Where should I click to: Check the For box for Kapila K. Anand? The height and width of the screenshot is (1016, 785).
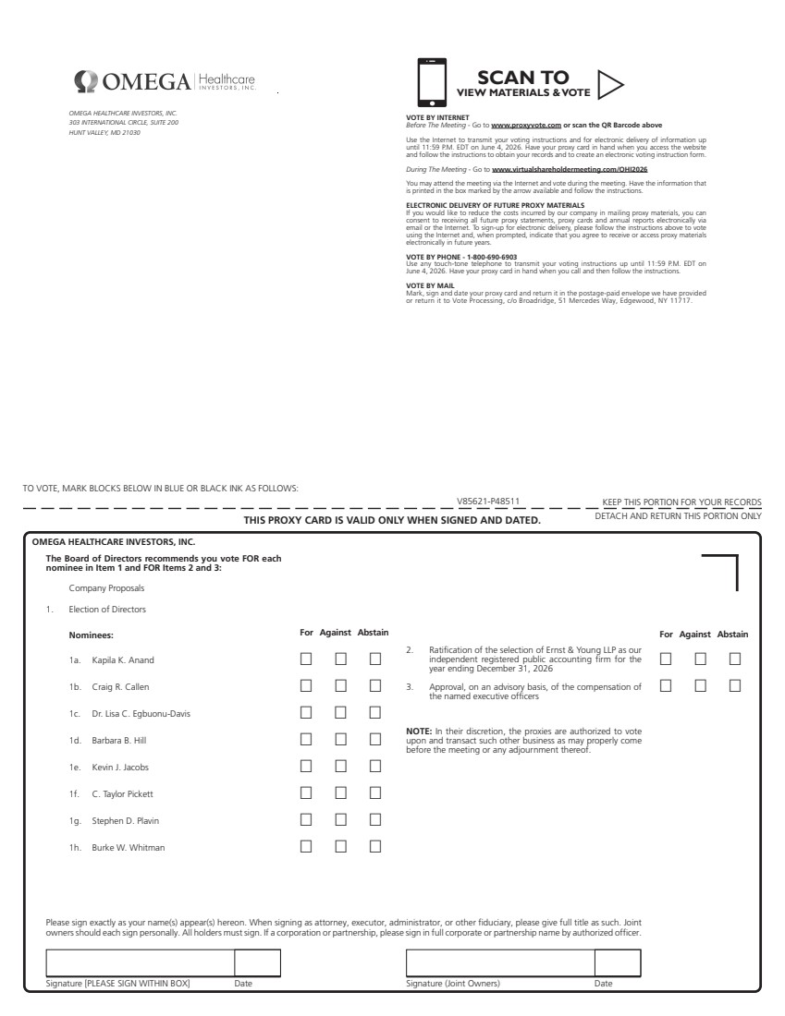point(306,659)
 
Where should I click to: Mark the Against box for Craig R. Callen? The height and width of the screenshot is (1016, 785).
point(340,686)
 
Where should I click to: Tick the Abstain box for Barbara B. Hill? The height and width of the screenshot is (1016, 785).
point(375,740)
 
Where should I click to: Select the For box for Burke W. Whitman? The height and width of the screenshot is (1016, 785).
point(306,847)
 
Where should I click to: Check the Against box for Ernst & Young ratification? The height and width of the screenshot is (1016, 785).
point(700,659)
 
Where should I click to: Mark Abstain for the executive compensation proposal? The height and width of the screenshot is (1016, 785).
point(735,686)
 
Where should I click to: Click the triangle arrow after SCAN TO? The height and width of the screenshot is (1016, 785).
point(610,84)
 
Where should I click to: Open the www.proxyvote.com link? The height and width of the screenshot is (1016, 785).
point(526,124)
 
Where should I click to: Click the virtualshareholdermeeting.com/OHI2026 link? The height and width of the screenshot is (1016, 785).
point(569,170)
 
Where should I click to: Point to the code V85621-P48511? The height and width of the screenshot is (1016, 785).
point(488,502)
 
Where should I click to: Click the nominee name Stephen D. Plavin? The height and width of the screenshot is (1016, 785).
point(122,821)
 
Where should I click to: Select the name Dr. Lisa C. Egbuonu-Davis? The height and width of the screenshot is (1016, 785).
point(141,714)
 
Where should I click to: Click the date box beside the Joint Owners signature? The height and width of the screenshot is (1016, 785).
point(623,962)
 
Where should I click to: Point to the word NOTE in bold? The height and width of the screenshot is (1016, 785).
point(419,732)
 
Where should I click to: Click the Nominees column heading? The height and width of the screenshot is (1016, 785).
point(91,635)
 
